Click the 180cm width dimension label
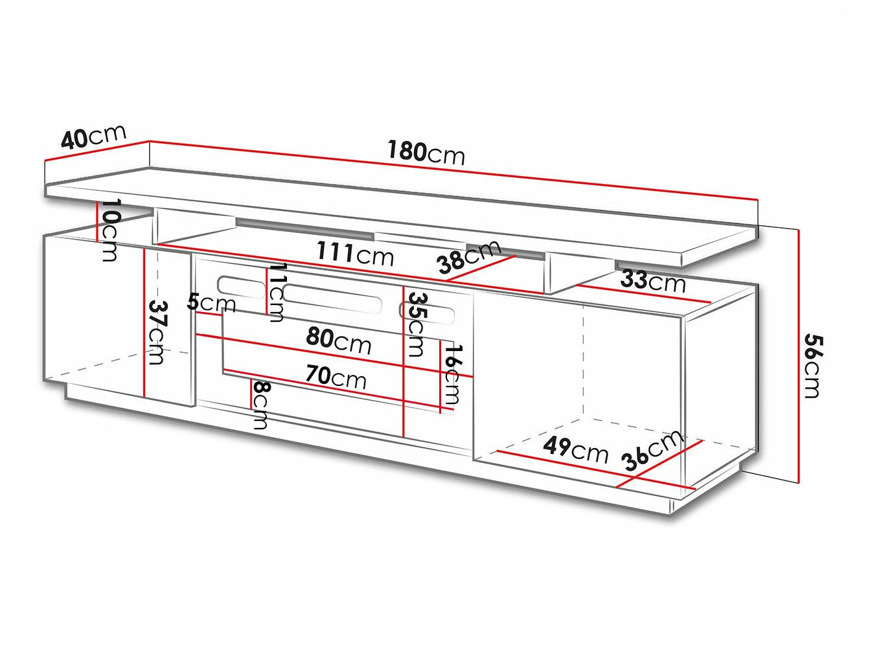click(x=426, y=153)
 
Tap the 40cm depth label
click(x=93, y=137)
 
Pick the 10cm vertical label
click(x=111, y=230)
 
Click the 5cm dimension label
click(x=211, y=302)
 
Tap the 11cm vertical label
click(x=277, y=292)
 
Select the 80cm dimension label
click(x=339, y=340)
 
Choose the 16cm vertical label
click(x=452, y=374)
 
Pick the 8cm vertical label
click(x=260, y=405)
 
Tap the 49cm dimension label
click(x=576, y=449)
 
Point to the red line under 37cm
click(x=145, y=324)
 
